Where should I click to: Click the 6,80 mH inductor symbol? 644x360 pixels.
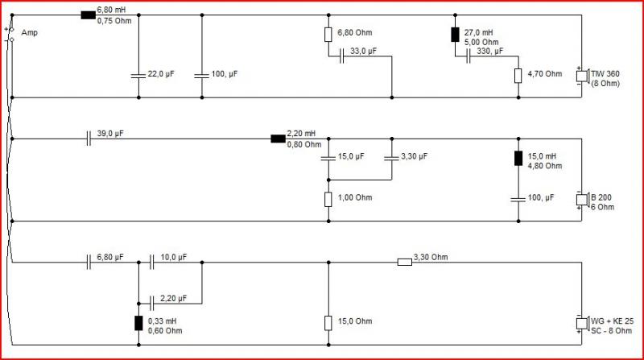click(x=89, y=15)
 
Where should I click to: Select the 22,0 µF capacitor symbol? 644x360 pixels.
click(x=138, y=76)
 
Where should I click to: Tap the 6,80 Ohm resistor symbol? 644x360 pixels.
click(x=328, y=35)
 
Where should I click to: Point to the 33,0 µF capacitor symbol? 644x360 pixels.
click(x=341, y=56)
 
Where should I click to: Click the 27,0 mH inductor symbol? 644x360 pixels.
click(x=455, y=35)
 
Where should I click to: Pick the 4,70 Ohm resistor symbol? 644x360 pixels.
click(x=518, y=76)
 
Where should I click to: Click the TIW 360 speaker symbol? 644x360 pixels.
click(x=582, y=76)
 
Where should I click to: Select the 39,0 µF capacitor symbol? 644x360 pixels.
click(x=89, y=139)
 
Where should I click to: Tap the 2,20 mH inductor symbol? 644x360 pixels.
click(x=278, y=139)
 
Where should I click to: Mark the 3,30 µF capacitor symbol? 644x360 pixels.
click(x=391, y=158)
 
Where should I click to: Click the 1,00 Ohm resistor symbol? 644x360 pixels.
click(x=328, y=199)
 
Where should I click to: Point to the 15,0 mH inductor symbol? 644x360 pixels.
click(x=518, y=158)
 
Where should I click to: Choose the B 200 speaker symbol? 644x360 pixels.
click(x=582, y=200)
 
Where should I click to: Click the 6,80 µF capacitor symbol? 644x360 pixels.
click(x=89, y=263)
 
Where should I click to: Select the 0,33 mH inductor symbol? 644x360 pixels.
click(x=138, y=324)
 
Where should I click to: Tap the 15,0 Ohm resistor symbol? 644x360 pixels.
click(x=328, y=323)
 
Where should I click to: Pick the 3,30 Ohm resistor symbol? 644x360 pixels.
click(x=405, y=263)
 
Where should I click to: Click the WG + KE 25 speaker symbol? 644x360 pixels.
click(x=582, y=324)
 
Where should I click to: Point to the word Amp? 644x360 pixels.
click(x=29, y=33)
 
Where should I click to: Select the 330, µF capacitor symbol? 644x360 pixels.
click(x=469, y=56)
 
